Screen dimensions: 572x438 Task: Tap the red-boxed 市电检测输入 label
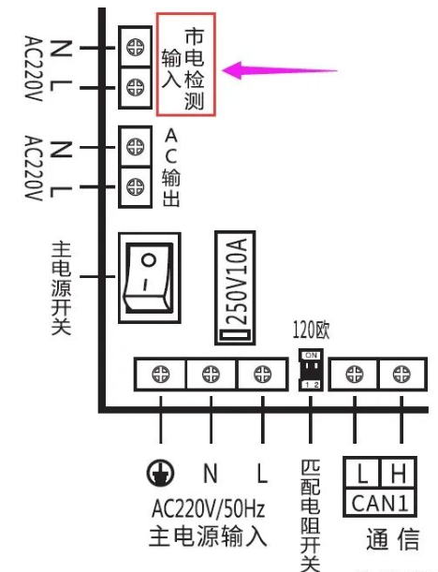click(185, 64)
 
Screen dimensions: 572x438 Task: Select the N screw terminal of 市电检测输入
click(135, 45)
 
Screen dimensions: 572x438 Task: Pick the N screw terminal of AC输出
click(136, 147)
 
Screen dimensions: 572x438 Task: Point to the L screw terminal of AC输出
click(136, 186)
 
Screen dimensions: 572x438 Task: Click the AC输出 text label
click(170, 167)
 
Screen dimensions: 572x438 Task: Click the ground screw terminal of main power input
click(161, 374)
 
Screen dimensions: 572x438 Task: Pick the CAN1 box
click(379, 503)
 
